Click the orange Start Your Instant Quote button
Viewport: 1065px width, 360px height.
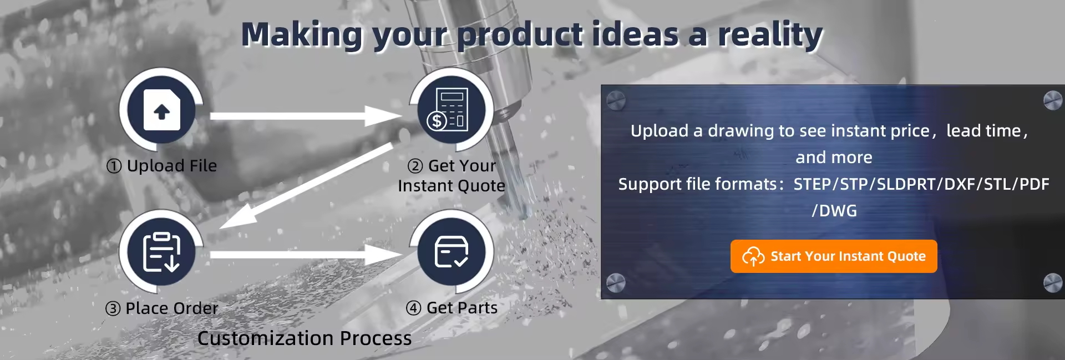[834, 256]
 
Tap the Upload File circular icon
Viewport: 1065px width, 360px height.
[161, 110]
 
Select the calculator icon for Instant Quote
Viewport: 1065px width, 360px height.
[452, 110]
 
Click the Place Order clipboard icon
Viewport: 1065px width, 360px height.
[161, 252]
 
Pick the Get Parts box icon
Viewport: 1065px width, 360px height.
[452, 252]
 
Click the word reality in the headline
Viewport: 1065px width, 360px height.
[770, 34]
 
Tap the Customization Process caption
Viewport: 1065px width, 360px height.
[305, 338]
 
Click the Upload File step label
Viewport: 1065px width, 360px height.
[161, 165]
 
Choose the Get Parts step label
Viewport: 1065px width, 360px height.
[452, 308]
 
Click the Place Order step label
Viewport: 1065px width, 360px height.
[161, 308]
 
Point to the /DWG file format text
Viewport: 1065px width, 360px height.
[834, 211]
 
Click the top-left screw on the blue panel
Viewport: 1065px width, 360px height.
[616, 100]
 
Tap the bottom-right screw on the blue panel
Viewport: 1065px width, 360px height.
[1053, 283]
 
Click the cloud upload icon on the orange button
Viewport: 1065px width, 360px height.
[753, 256]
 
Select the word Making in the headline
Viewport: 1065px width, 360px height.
[302, 34]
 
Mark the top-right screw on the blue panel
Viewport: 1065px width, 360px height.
[1053, 100]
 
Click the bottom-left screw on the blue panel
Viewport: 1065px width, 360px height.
[616, 283]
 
